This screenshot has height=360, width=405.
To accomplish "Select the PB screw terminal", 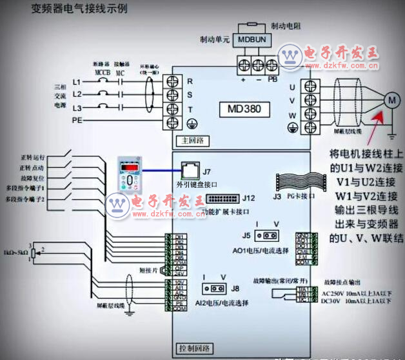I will pos(273,65).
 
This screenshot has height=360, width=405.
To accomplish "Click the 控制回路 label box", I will pos(193,349).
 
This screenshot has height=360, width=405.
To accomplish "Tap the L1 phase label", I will pos(77,83).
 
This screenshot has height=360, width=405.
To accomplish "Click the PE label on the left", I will pos(77,120).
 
